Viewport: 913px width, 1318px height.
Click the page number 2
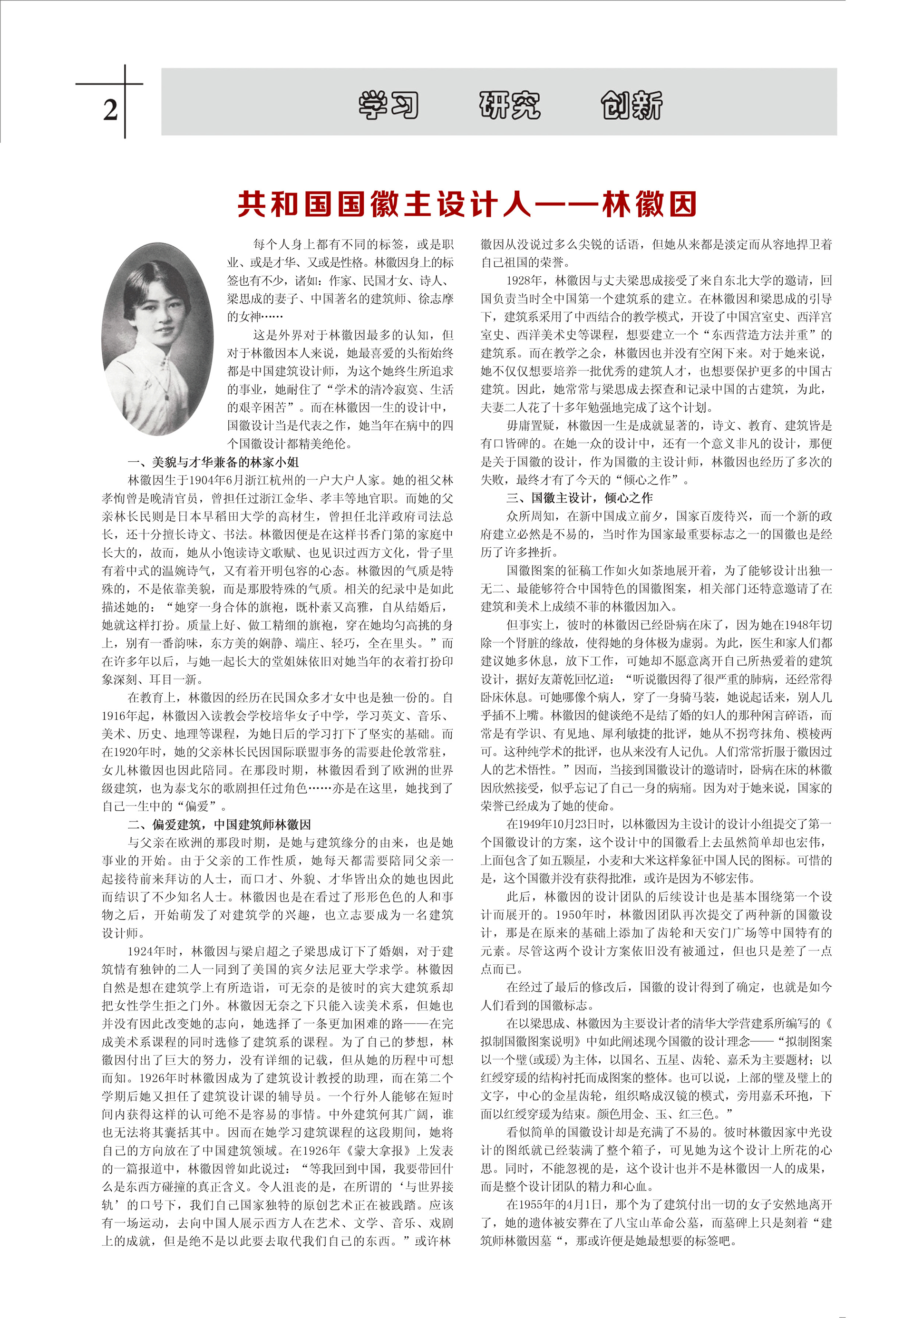pyautogui.click(x=110, y=109)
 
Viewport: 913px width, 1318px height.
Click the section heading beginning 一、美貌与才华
pyautogui.click(x=213, y=462)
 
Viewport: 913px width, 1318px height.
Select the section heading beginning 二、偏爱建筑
pyautogui.click(x=219, y=824)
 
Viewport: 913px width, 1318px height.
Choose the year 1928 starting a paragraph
pyautogui.click(x=519, y=281)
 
